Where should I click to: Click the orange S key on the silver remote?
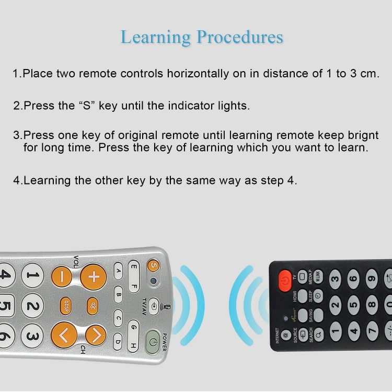point(153,266)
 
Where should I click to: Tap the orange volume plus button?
point(93,276)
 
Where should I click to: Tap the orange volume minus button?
point(63,276)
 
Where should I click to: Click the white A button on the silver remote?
point(119,271)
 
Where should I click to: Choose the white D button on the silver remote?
point(119,342)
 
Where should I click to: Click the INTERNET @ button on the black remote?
point(285,335)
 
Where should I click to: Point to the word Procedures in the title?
point(240,37)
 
